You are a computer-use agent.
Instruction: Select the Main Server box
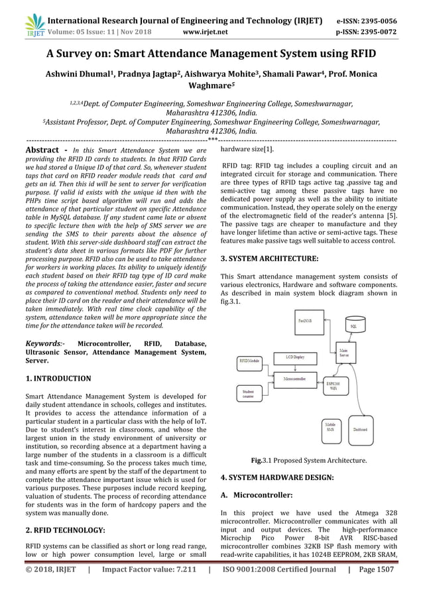coord(345,353)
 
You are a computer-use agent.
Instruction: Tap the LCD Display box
coord(295,357)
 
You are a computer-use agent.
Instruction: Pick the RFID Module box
coord(251,361)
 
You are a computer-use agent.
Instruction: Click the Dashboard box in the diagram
coord(359,429)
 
